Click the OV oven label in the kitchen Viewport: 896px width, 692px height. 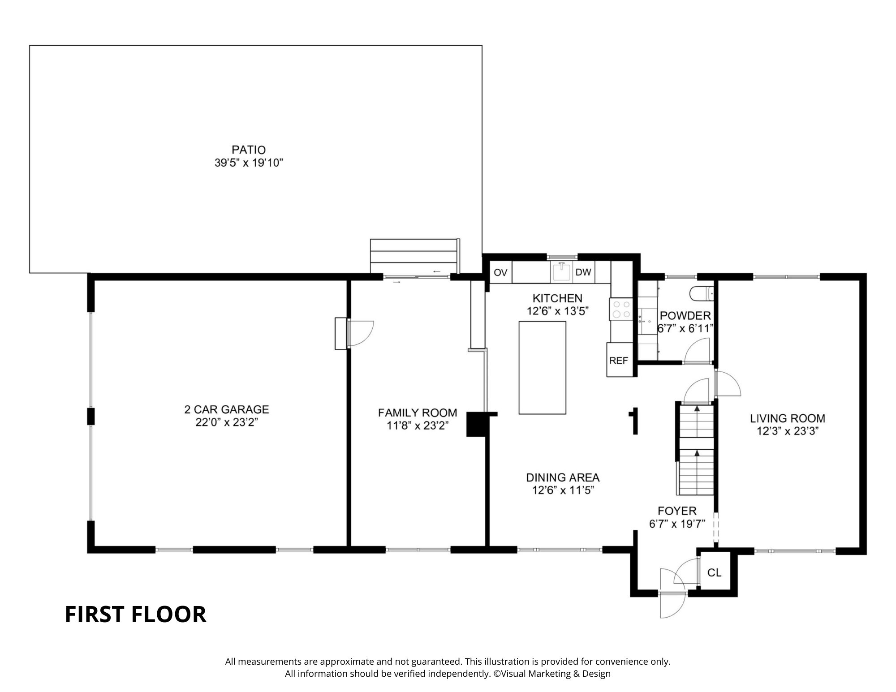[500, 272]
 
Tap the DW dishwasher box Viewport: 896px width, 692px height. [583, 272]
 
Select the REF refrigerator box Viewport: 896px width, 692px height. [618, 360]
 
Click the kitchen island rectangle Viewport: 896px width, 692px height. [542, 367]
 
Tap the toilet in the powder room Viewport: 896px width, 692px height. [700, 294]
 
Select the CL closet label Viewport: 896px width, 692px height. [714, 572]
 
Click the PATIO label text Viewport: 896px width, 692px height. [249, 150]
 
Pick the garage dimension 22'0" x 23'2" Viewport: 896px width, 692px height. [227, 422]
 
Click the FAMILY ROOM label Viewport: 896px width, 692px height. [418, 413]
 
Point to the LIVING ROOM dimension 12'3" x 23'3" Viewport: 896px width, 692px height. [788, 431]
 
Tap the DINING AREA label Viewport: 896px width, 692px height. [563, 477]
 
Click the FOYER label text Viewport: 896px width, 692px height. [677, 511]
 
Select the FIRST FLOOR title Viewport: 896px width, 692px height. [135, 615]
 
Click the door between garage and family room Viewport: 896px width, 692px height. [360, 333]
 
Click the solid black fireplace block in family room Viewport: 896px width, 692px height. [474, 424]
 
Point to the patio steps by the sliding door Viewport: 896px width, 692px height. [414, 256]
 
